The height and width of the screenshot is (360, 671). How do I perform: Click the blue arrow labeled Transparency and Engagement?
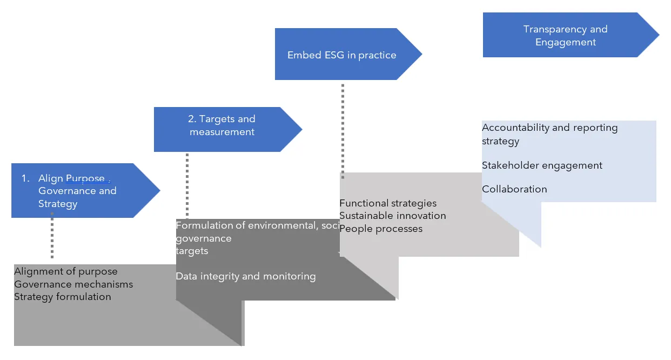[x=565, y=35]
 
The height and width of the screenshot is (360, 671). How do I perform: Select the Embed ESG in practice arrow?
[x=341, y=55]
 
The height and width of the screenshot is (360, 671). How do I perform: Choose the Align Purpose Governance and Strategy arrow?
[x=77, y=190]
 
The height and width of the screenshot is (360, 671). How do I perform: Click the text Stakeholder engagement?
[x=542, y=165]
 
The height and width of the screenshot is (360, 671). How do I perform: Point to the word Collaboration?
[x=514, y=189]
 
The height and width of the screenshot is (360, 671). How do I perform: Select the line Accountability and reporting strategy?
[x=549, y=134]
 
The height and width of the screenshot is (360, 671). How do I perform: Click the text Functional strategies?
[x=388, y=203]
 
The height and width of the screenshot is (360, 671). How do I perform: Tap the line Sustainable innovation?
[x=393, y=216]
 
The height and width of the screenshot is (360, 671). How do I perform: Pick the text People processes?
[x=381, y=229]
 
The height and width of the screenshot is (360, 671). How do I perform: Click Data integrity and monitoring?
[x=246, y=276]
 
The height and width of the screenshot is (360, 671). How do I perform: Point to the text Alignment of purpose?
[x=66, y=271]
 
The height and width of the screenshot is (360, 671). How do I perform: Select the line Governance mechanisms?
[x=73, y=284]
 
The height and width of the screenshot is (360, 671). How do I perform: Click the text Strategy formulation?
[x=63, y=297]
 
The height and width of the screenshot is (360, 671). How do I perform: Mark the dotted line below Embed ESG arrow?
[x=343, y=130]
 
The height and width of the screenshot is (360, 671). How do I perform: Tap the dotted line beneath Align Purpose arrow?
[x=52, y=236]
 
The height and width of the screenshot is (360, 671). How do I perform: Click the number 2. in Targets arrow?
[x=192, y=119]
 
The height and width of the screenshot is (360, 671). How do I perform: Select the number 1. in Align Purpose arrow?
[x=25, y=178]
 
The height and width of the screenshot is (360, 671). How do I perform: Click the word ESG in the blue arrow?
[x=326, y=55]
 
